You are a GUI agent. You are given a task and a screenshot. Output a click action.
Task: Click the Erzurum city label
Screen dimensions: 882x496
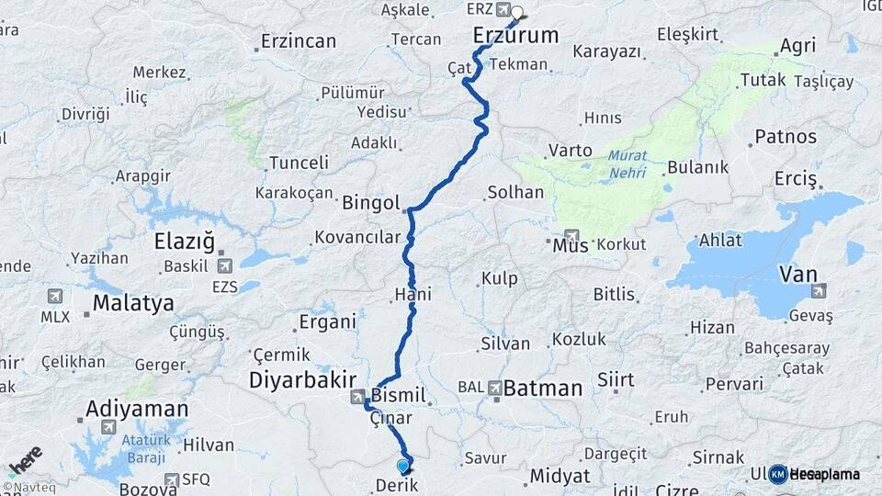coord(515,36)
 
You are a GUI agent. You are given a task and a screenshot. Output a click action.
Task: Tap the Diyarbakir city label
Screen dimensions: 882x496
coord(301,380)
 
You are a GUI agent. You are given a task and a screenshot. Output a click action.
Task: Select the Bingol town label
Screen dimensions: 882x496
coord(370,202)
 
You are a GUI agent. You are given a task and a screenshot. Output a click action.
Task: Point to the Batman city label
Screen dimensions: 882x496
coord(542,389)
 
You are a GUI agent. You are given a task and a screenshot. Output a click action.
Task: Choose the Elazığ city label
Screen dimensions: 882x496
coord(184,243)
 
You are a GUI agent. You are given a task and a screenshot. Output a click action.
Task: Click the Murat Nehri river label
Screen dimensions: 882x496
coord(628,165)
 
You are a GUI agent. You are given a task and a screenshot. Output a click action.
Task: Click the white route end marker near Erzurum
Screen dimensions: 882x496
coord(517,13)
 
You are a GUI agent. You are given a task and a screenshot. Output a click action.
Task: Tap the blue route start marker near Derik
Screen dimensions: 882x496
coord(402,466)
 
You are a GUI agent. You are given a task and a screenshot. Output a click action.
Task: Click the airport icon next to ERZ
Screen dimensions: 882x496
coord(503,10)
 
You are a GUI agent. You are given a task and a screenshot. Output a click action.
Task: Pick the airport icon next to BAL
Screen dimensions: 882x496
coord(495,388)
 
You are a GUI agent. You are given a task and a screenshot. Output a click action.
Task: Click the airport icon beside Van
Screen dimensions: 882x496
coord(818,291)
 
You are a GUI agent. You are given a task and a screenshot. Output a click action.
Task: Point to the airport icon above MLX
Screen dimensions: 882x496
coord(54,297)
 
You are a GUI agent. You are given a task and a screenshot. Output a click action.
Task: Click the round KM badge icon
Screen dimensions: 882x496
coord(777,474)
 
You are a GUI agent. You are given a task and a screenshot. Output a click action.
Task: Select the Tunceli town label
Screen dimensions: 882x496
coord(299,163)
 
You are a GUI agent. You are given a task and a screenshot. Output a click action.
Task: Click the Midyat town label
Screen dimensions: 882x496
coord(559,476)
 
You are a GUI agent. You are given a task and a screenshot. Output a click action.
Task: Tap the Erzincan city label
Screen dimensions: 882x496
coord(299,41)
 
